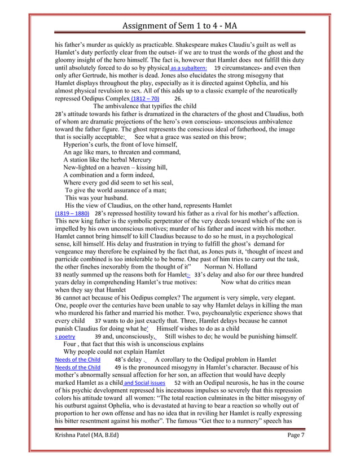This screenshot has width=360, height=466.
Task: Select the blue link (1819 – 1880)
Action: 72,214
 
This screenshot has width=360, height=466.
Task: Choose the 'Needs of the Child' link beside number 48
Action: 77,359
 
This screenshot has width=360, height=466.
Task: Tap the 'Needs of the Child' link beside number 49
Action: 77,367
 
